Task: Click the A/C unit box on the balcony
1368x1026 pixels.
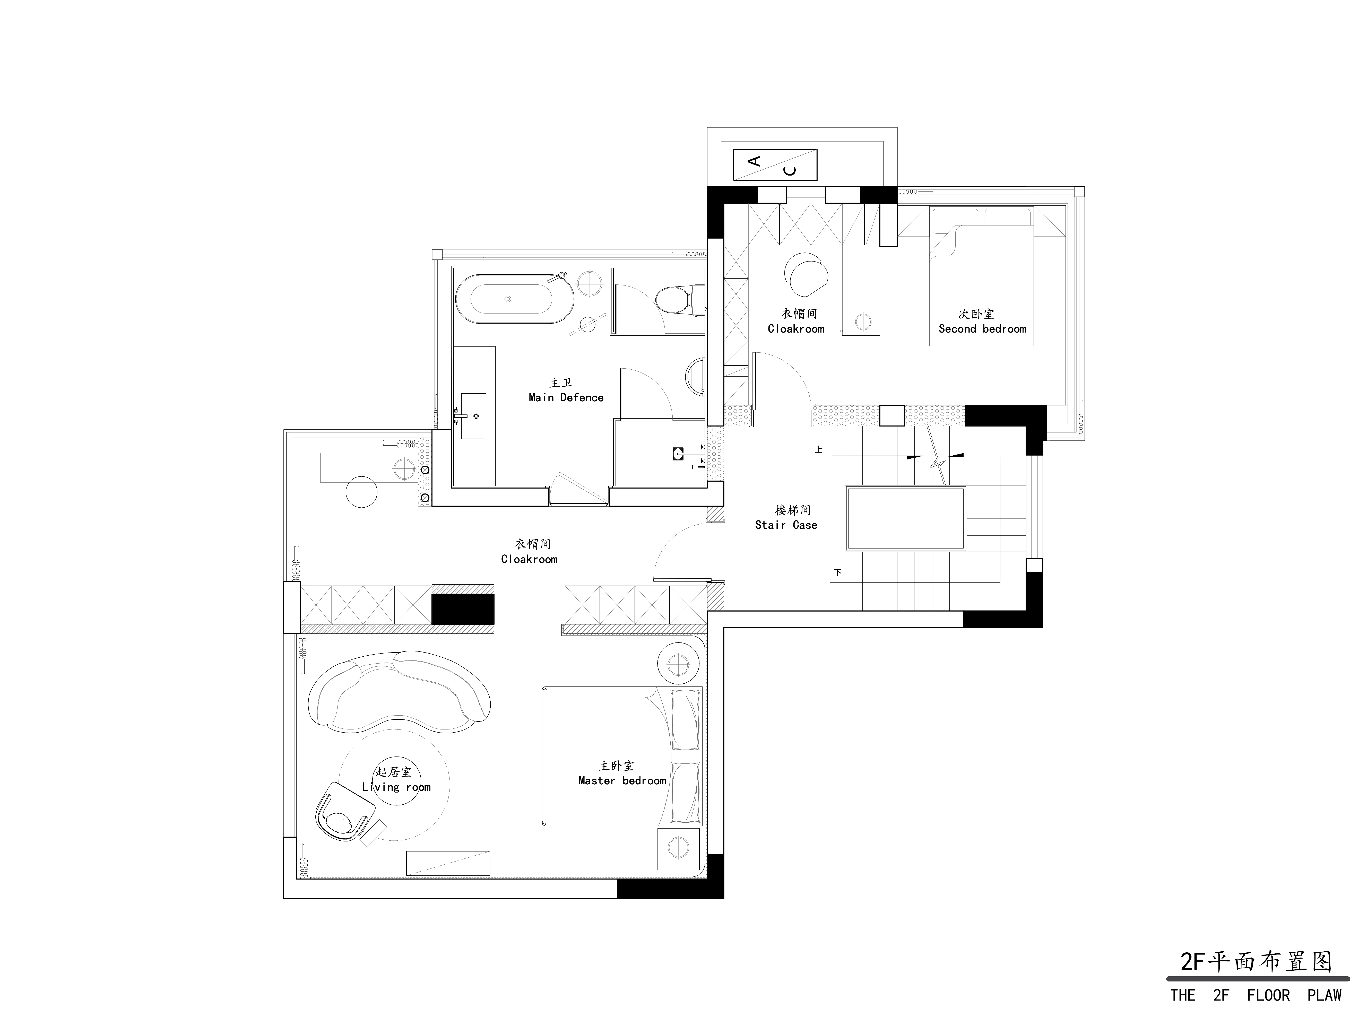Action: (x=775, y=165)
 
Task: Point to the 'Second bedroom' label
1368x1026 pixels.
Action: (x=982, y=329)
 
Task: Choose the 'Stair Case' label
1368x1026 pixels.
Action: (x=786, y=525)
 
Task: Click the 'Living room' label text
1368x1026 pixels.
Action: (x=396, y=787)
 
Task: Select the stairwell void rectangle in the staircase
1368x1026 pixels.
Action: (x=906, y=518)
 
